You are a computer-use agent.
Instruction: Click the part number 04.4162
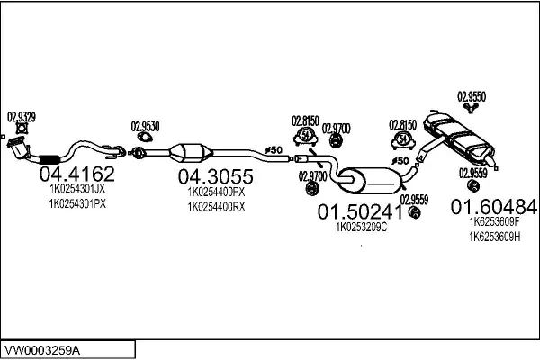tap(76, 174)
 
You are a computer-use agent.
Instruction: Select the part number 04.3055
tap(216, 176)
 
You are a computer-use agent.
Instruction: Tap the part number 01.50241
tap(360, 211)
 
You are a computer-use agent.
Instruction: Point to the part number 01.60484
tap(494, 207)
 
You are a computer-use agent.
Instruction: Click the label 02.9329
tap(22, 117)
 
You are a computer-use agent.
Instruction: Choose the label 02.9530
tap(145, 126)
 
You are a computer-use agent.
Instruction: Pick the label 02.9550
tap(472, 96)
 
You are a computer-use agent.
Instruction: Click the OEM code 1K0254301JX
tap(77, 189)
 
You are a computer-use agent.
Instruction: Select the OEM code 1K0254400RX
tap(216, 207)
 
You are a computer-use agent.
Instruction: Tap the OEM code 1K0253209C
tap(361, 227)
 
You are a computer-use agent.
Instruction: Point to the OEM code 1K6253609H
tap(494, 237)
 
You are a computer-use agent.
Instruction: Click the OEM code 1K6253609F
tap(494, 221)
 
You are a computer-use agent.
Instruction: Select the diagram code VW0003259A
tap(42, 351)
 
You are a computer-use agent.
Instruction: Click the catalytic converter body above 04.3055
tap(191, 153)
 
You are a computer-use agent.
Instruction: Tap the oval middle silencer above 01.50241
tap(369, 181)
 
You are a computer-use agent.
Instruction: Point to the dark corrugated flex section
tap(49, 159)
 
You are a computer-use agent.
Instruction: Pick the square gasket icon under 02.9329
tap(22, 129)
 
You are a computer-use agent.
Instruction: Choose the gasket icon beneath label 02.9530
tap(145, 138)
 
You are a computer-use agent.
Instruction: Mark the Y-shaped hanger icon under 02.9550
tap(470, 108)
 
